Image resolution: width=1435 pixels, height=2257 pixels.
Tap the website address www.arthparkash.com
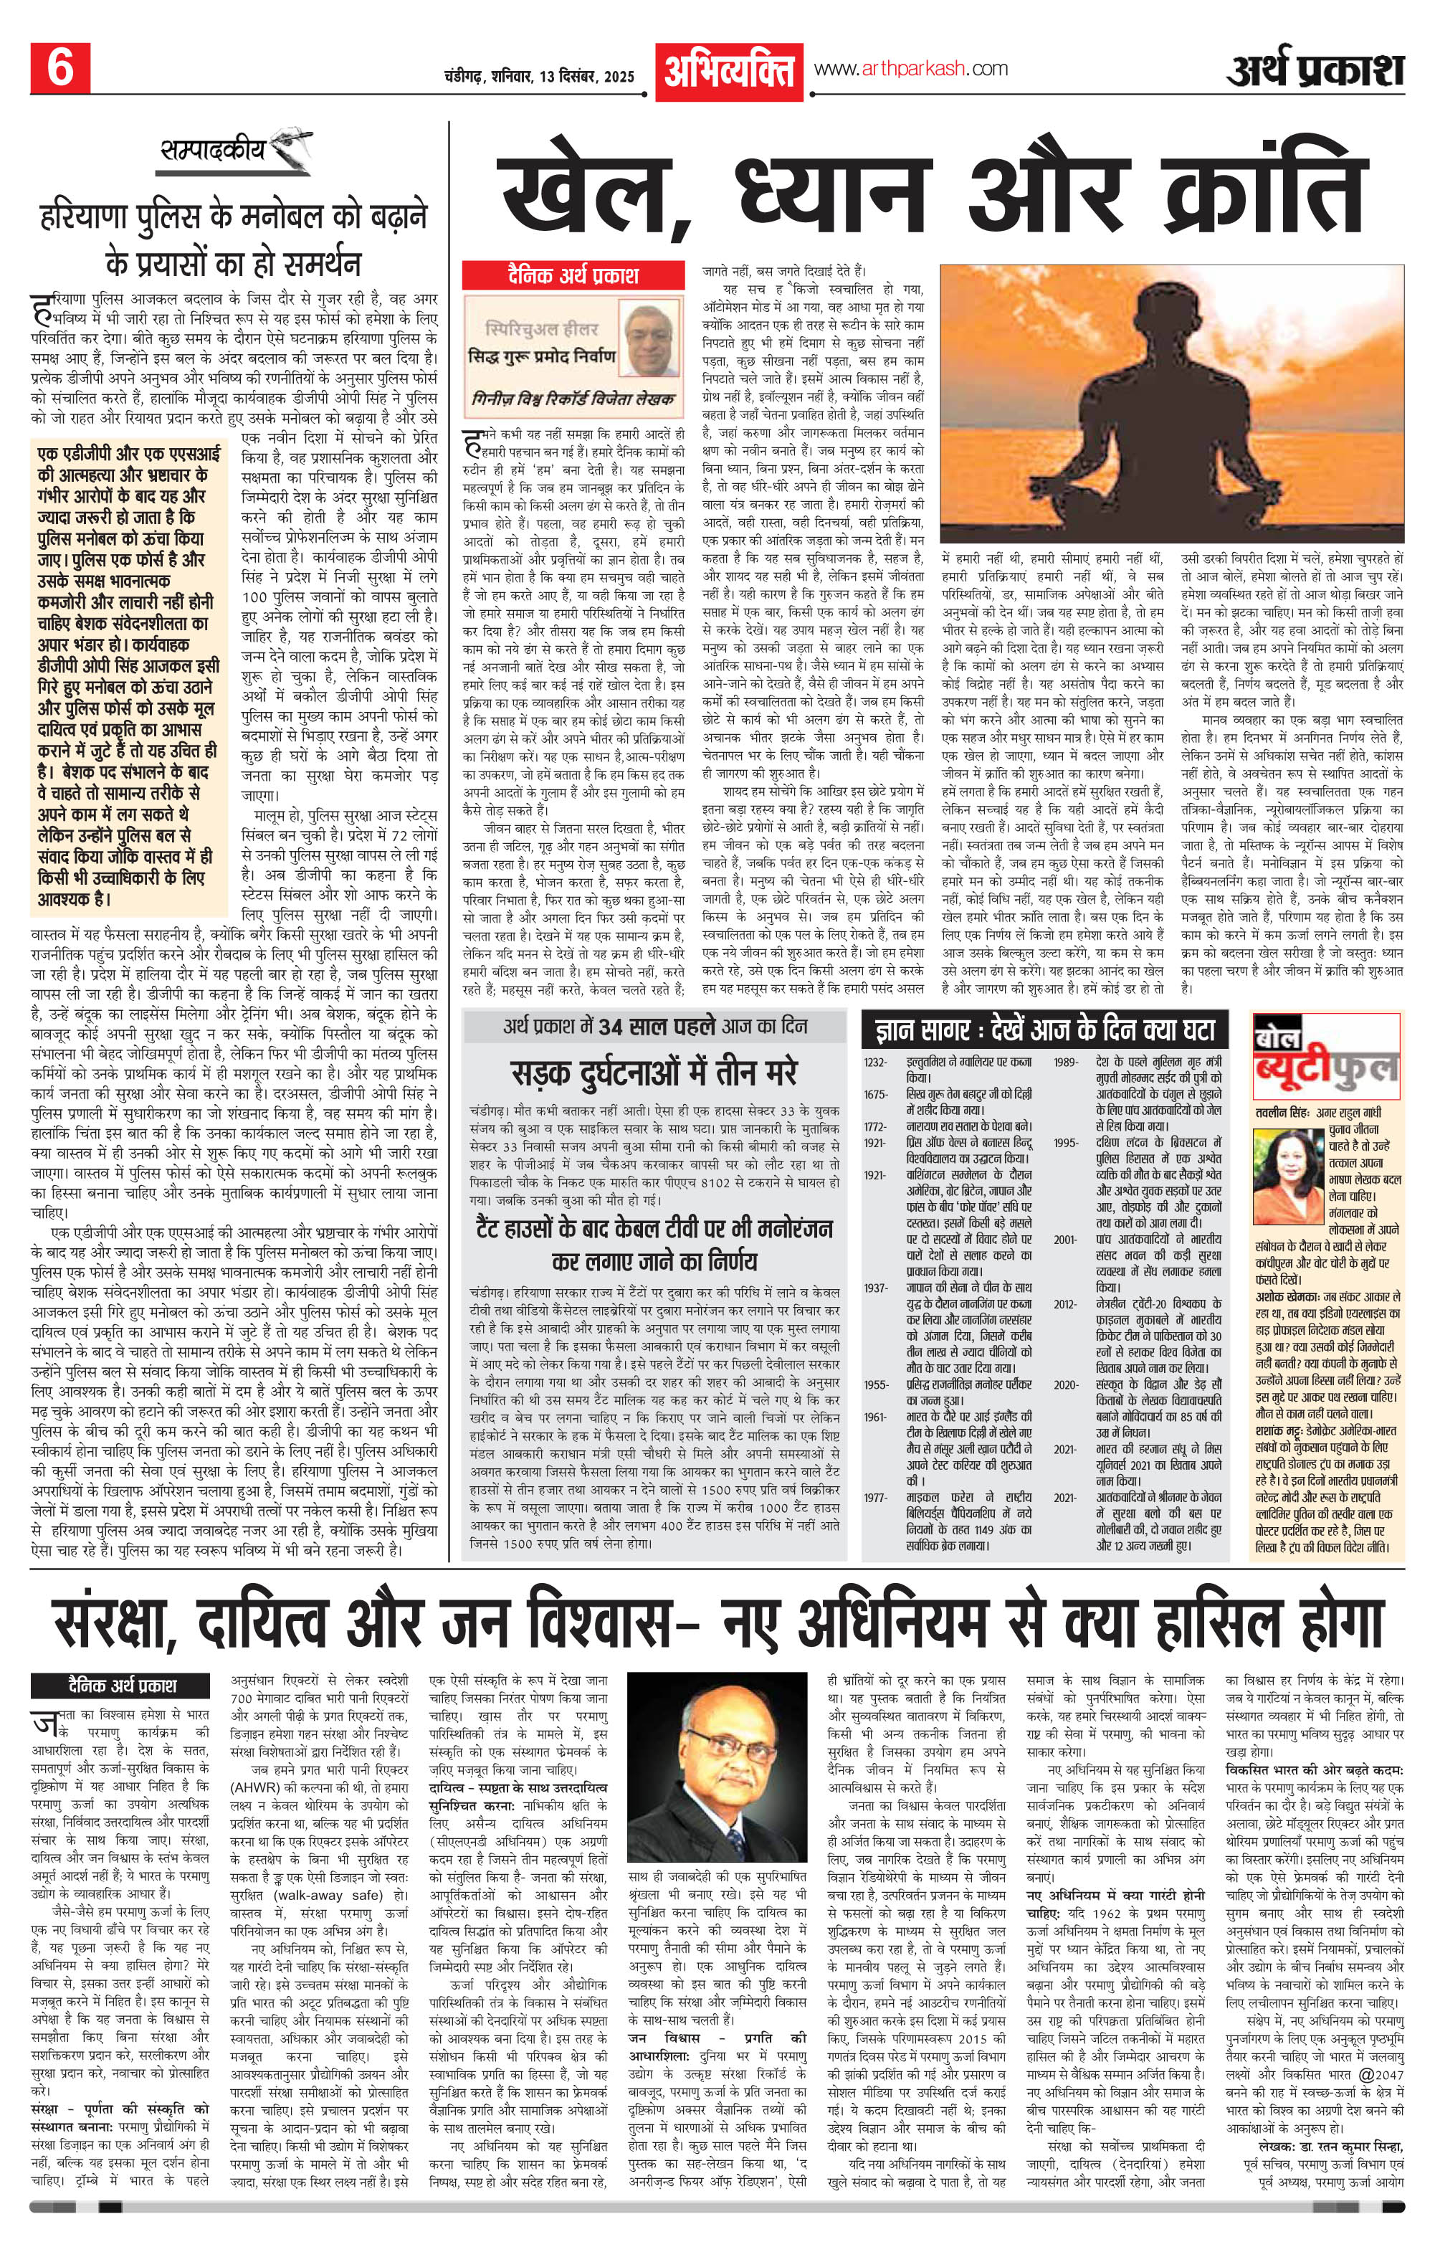click(x=911, y=68)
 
